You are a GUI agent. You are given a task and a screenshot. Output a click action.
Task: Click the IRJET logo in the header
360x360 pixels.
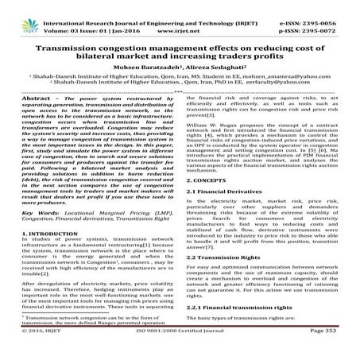[x=20, y=11]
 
